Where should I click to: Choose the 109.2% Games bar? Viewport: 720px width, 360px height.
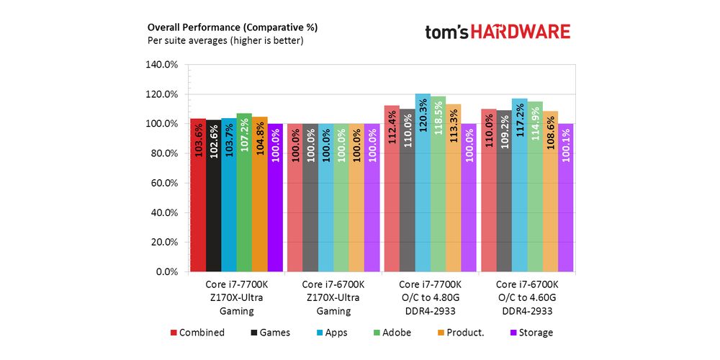(x=503, y=192)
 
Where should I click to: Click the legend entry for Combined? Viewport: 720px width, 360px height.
(x=197, y=333)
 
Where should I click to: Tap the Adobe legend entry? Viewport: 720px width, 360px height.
(x=392, y=333)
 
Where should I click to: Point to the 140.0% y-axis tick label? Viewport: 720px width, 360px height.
(x=162, y=64)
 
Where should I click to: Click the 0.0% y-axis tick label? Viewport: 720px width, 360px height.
(x=166, y=272)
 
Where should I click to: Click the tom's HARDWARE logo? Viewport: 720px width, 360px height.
(x=498, y=32)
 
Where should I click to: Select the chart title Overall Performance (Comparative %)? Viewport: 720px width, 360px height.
(x=232, y=27)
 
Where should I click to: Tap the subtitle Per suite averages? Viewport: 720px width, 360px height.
(x=225, y=41)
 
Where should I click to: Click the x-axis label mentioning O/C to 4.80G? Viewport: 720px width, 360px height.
(x=430, y=297)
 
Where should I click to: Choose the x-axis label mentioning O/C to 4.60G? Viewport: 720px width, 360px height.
(x=527, y=297)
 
